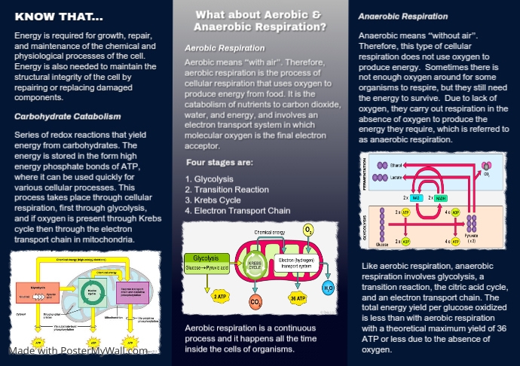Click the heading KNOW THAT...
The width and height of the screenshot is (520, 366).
59,17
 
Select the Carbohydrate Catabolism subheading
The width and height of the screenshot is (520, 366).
67,117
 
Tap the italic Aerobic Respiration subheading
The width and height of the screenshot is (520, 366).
225,47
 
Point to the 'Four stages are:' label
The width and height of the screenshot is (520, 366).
219,162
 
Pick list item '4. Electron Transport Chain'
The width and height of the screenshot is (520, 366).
237,212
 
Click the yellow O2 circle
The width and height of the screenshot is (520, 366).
307,230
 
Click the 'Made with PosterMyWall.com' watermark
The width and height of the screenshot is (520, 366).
78,351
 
